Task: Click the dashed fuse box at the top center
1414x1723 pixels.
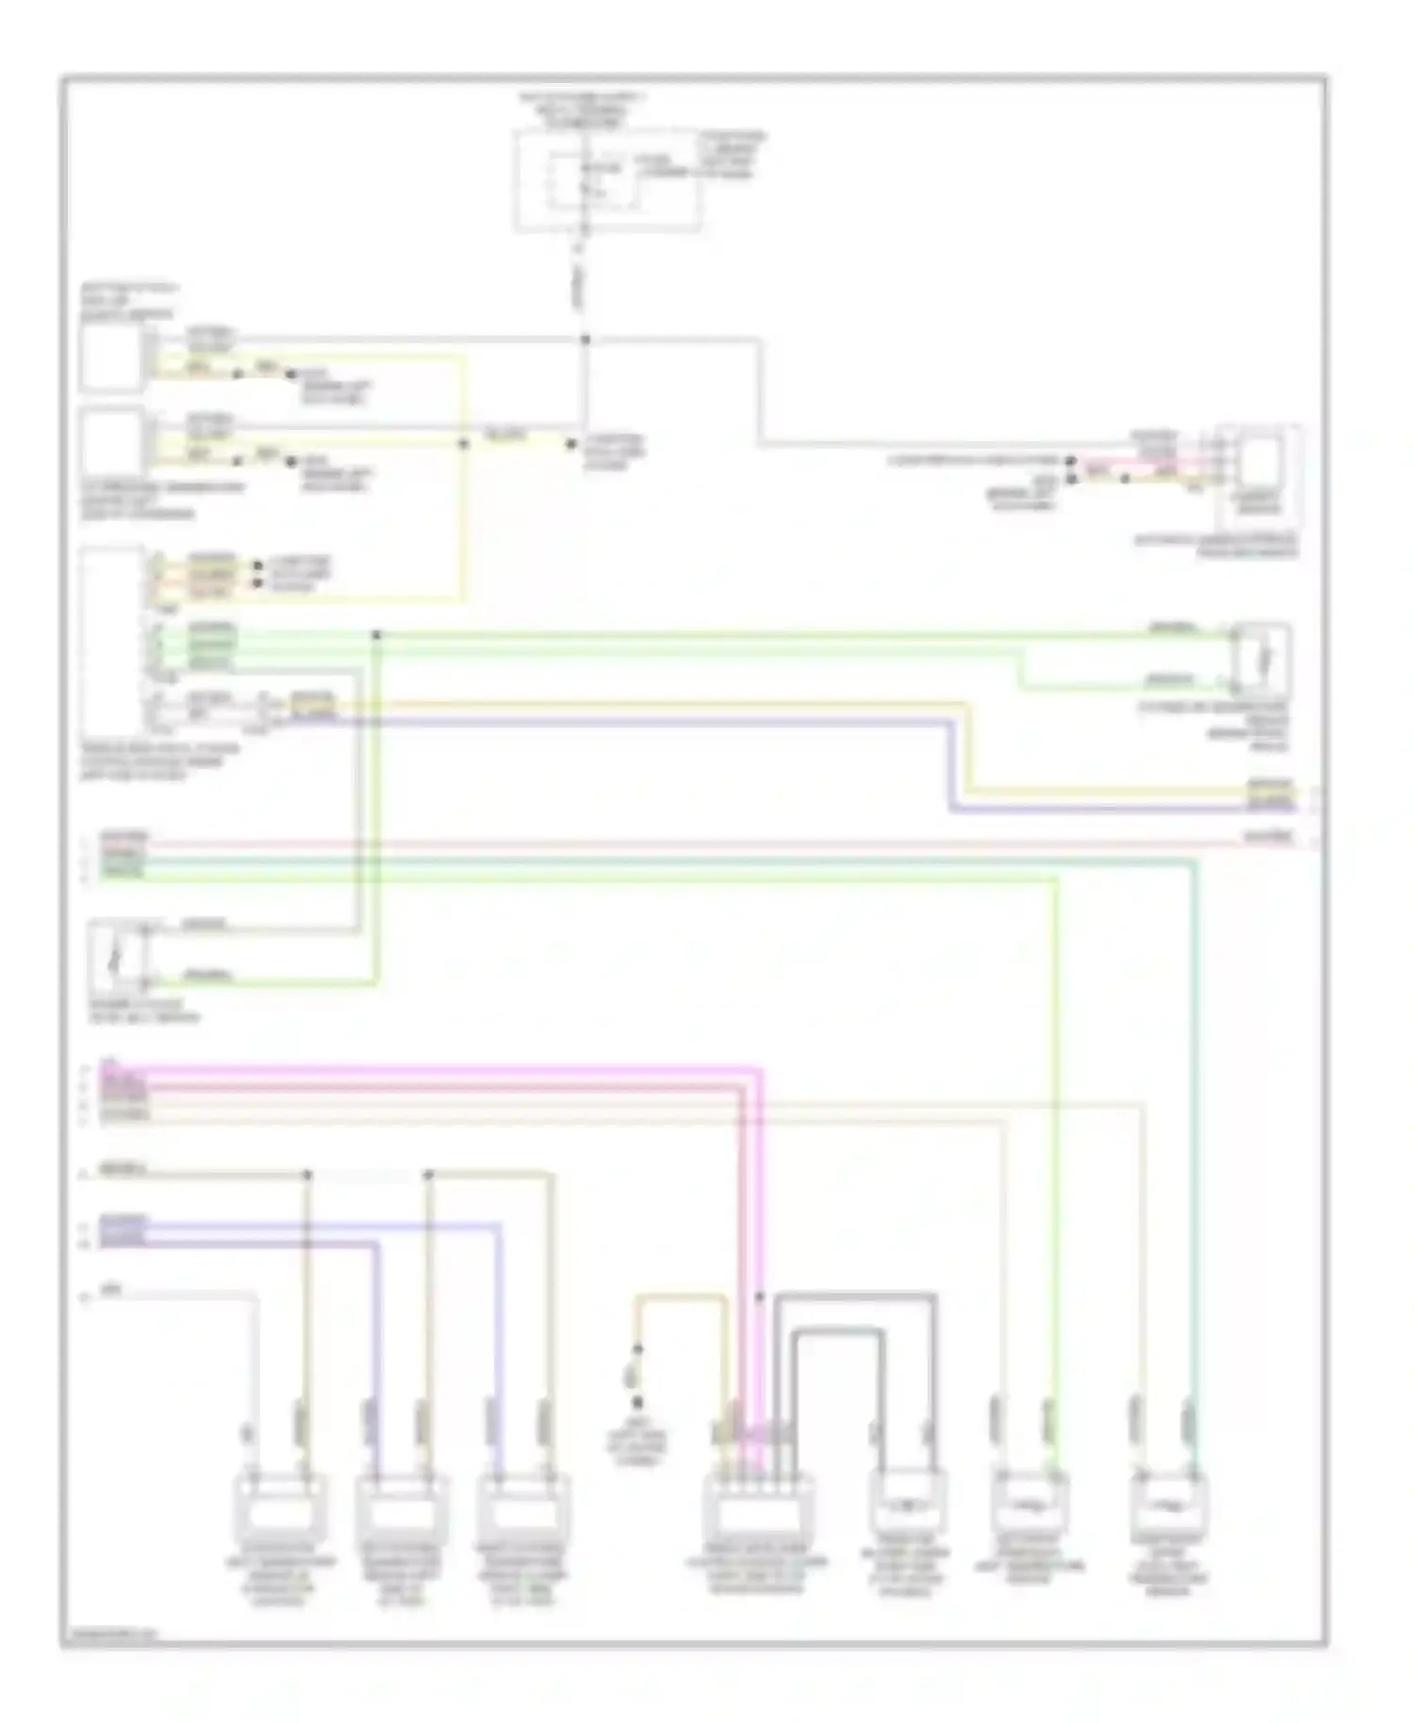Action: pos(607,181)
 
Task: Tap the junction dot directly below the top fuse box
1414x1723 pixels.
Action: pos(584,339)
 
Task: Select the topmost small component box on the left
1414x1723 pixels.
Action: pos(111,359)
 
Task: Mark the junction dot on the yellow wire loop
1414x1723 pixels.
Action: pos(463,443)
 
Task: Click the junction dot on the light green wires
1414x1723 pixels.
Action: pos(376,635)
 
